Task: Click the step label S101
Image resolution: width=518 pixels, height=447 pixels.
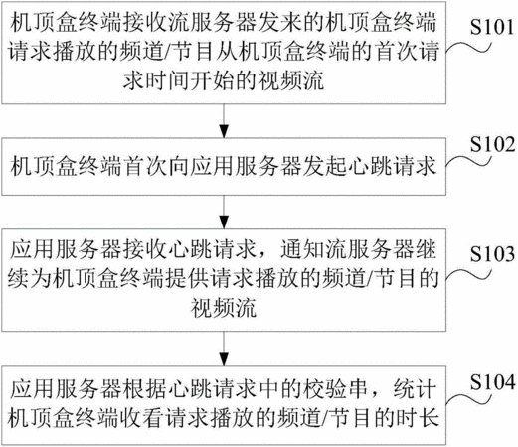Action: tap(492, 27)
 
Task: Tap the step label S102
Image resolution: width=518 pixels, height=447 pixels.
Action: tap(492, 144)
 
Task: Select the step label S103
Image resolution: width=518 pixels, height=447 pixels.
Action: tap(492, 254)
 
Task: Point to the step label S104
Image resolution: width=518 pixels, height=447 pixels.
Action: tap(492, 382)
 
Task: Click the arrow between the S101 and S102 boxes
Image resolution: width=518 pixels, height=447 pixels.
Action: tap(224, 121)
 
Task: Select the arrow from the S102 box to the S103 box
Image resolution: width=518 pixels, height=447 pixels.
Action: tap(224, 212)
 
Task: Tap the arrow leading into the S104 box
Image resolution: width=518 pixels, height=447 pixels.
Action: tap(224, 348)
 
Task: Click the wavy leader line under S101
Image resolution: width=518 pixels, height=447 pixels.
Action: tap(468, 47)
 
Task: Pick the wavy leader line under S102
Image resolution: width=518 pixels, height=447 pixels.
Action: tap(468, 161)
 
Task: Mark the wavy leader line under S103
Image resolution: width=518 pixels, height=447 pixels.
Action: tap(468, 275)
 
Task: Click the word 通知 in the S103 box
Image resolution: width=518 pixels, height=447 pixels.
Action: tap(302, 250)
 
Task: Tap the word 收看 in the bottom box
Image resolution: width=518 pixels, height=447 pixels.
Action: tap(141, 418)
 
